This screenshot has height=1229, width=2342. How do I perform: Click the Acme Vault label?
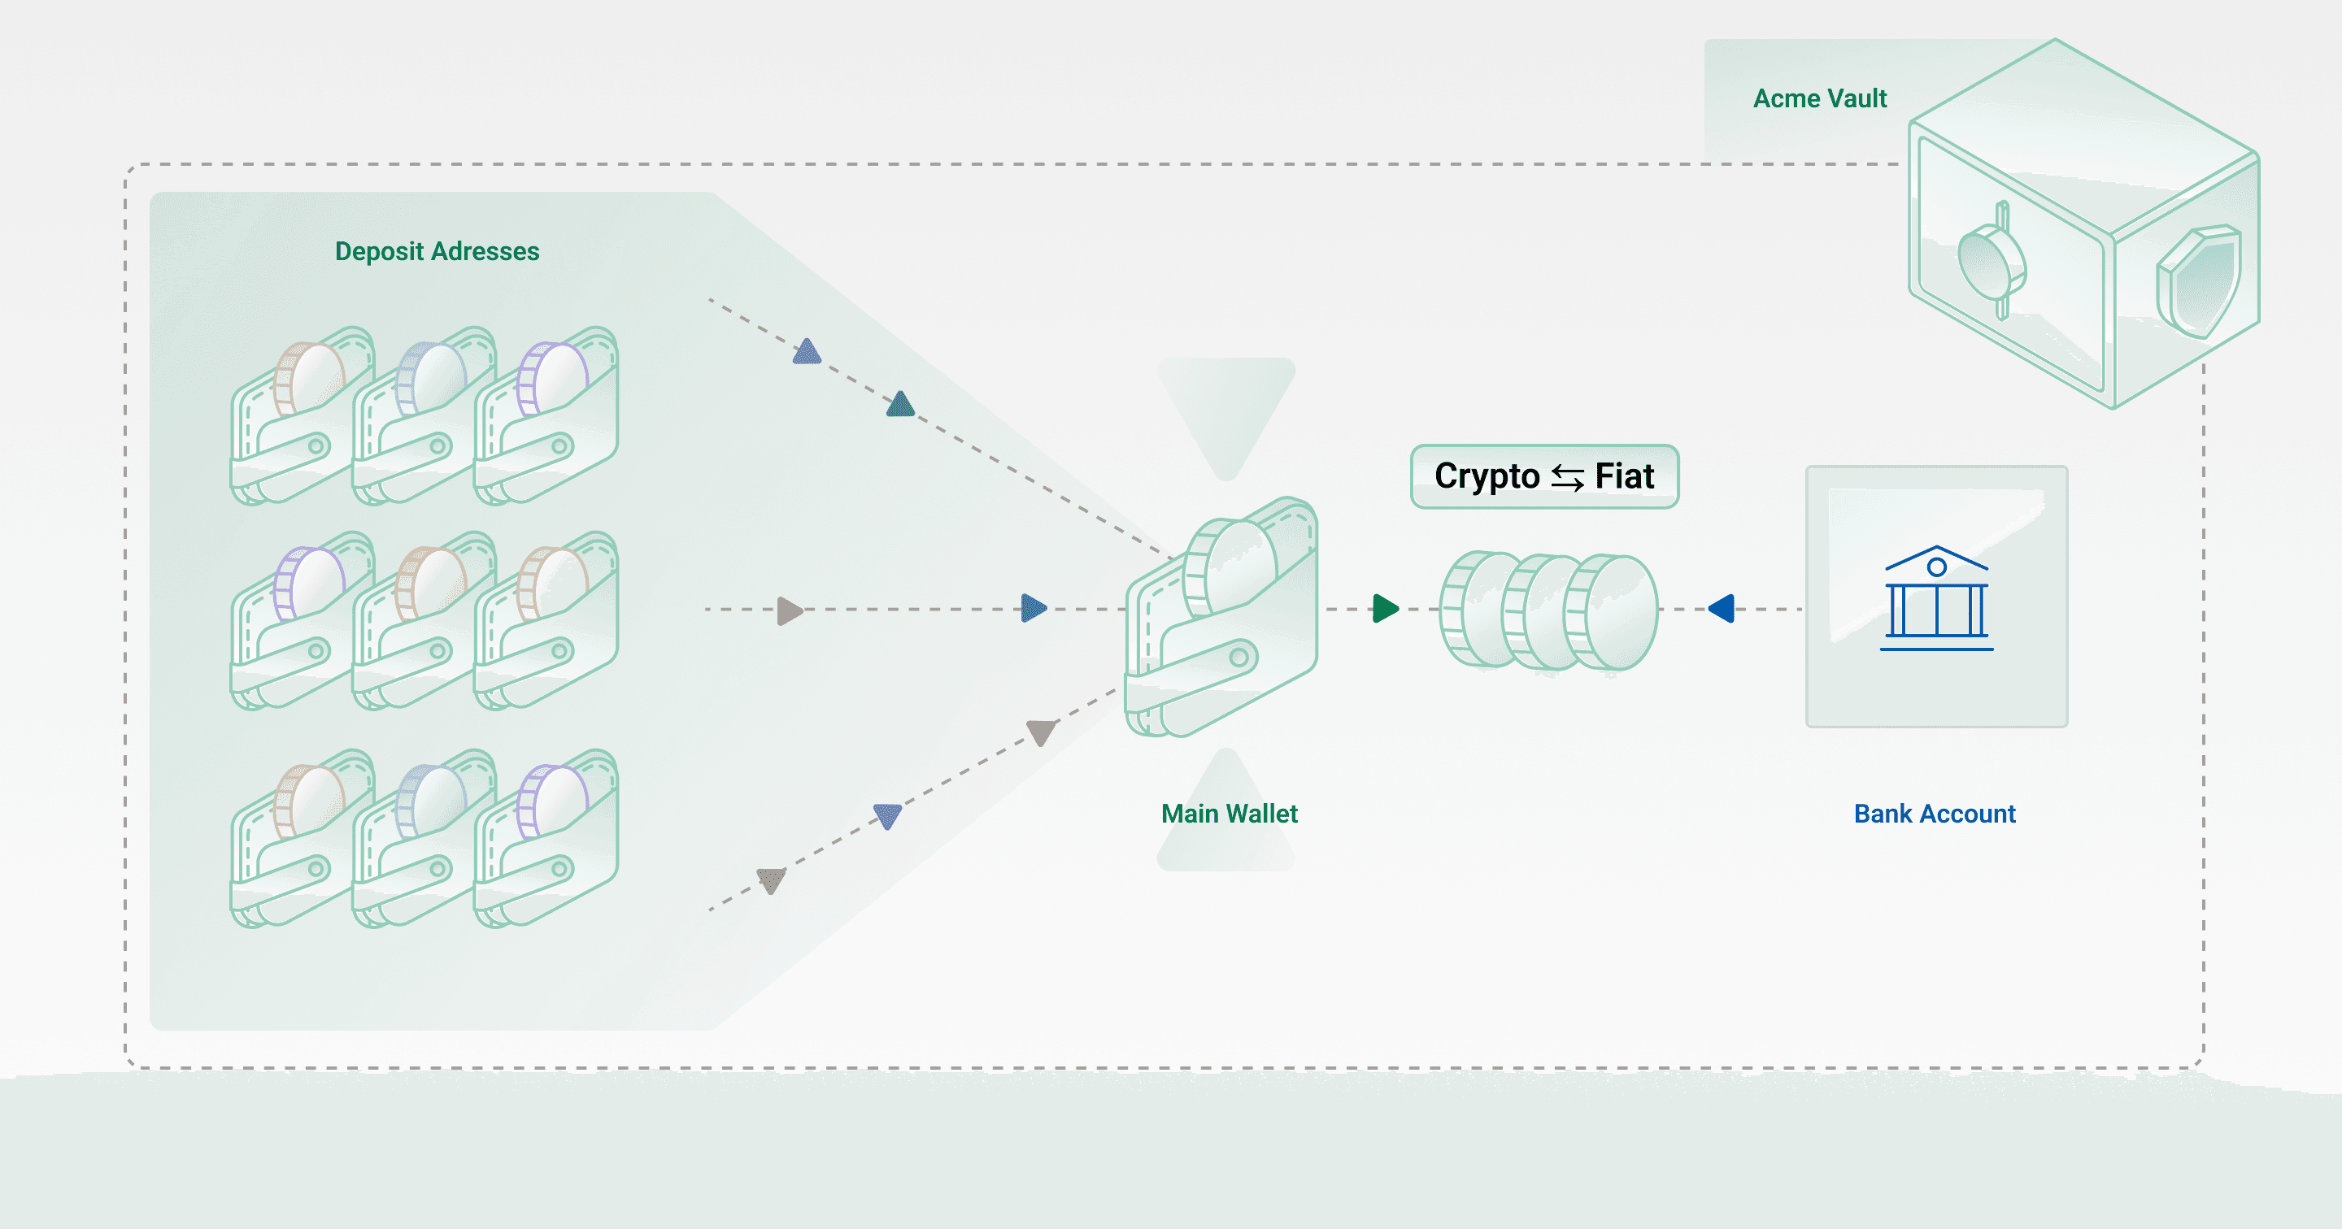coord(1819,98)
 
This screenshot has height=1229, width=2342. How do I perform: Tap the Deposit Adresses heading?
coord(437,251)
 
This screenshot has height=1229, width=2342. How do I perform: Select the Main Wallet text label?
coord(1230,814)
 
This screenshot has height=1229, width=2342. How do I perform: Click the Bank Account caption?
coord(1935,814)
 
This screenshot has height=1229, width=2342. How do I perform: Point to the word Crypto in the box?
coord(1487,476)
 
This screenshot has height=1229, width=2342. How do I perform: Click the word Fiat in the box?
coord(1624,476)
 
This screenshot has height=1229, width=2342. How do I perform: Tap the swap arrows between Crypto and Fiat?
coord(1567,478)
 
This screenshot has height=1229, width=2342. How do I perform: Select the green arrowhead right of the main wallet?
coord(1385,608)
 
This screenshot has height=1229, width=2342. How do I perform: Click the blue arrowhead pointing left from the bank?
coord(1722,608)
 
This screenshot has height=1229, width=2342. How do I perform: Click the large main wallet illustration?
coord(1221,618)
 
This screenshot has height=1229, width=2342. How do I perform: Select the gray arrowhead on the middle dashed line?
coord(789,611)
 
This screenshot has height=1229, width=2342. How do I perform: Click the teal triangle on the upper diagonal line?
coord(900,405)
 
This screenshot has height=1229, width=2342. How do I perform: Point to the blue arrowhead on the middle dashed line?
coord(1034,608)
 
